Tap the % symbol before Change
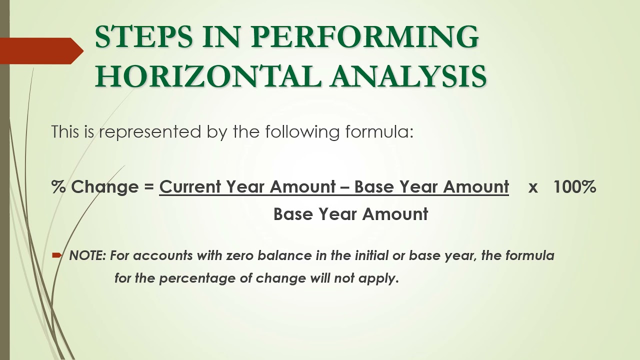(x=58, y=187)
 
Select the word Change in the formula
(x=104, y=187)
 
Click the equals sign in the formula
(x=148, y=187)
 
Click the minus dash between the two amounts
(x=344, y=187)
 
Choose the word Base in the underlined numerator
(x=373, y=187)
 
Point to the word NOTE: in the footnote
(x=87, y=255)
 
